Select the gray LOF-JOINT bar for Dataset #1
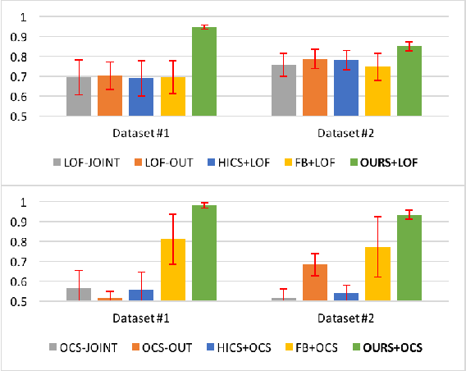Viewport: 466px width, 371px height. pos(79,96)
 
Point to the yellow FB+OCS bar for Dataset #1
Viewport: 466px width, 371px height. pos(173,270)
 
